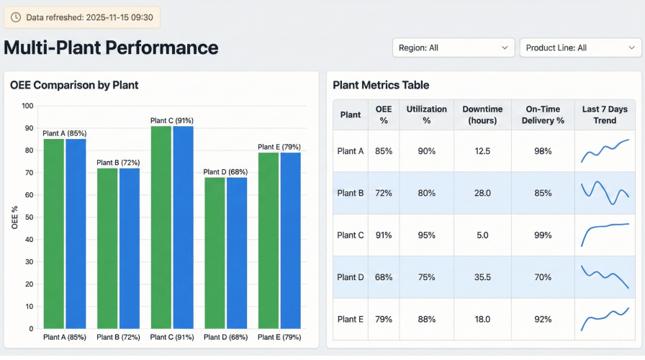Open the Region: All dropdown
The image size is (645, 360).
[453, 48]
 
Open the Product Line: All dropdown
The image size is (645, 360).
[579, 48]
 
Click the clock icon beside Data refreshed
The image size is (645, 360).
[17, 17]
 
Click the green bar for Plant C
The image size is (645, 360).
[161, 227]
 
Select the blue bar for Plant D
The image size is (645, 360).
[237, 253]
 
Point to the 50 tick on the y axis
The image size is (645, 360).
[28, 217]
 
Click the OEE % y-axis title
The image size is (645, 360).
[15, 217]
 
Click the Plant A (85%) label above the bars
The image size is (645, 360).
[65, 133]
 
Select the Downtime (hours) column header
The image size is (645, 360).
[482, 114]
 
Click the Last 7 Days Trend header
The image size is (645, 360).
[605, 114]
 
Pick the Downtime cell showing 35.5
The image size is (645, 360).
[482, 277]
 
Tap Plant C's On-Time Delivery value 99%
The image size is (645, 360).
[543, 235]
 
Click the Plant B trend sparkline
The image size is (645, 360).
[605, 193]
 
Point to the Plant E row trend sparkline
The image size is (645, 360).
[605, 319]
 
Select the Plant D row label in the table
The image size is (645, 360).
[351, 277]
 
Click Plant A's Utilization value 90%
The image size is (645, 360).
[426, 151]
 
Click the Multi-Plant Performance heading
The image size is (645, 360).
[111, 48]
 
